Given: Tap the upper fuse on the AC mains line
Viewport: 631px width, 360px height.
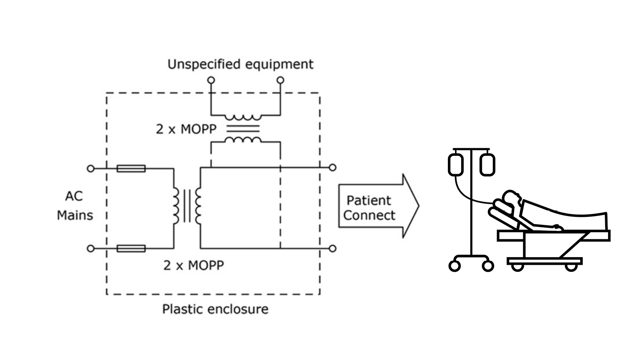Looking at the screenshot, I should click(131, 169).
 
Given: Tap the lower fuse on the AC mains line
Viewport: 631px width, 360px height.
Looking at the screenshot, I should click(131, 248).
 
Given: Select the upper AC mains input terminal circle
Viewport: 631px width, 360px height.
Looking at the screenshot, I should click(90, 169).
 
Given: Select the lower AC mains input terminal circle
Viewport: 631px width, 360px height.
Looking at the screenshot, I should click(90, 248).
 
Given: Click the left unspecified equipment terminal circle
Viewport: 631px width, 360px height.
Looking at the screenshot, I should click(211, 80).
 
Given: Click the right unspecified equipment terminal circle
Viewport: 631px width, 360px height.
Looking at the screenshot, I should click(280, 80).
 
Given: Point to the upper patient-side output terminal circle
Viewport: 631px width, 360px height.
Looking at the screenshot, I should click(333, 168).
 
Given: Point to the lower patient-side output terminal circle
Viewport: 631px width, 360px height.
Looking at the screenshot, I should click(333, 248).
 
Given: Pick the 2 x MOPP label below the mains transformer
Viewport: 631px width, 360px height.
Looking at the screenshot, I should click(193, 266).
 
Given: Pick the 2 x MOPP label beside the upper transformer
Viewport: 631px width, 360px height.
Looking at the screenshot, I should click(186, 129).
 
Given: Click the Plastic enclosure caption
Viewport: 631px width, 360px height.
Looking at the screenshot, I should click(215, 309).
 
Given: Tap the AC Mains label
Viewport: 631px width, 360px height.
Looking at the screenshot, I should click(75, 206).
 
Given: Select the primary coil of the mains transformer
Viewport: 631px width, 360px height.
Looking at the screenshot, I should click(175, 206).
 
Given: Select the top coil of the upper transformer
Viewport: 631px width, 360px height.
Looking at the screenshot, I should click(243, 117).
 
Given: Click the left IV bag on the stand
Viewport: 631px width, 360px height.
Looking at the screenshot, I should click(456, 164).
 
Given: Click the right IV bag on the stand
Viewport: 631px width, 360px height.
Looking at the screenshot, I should click(487, 164).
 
